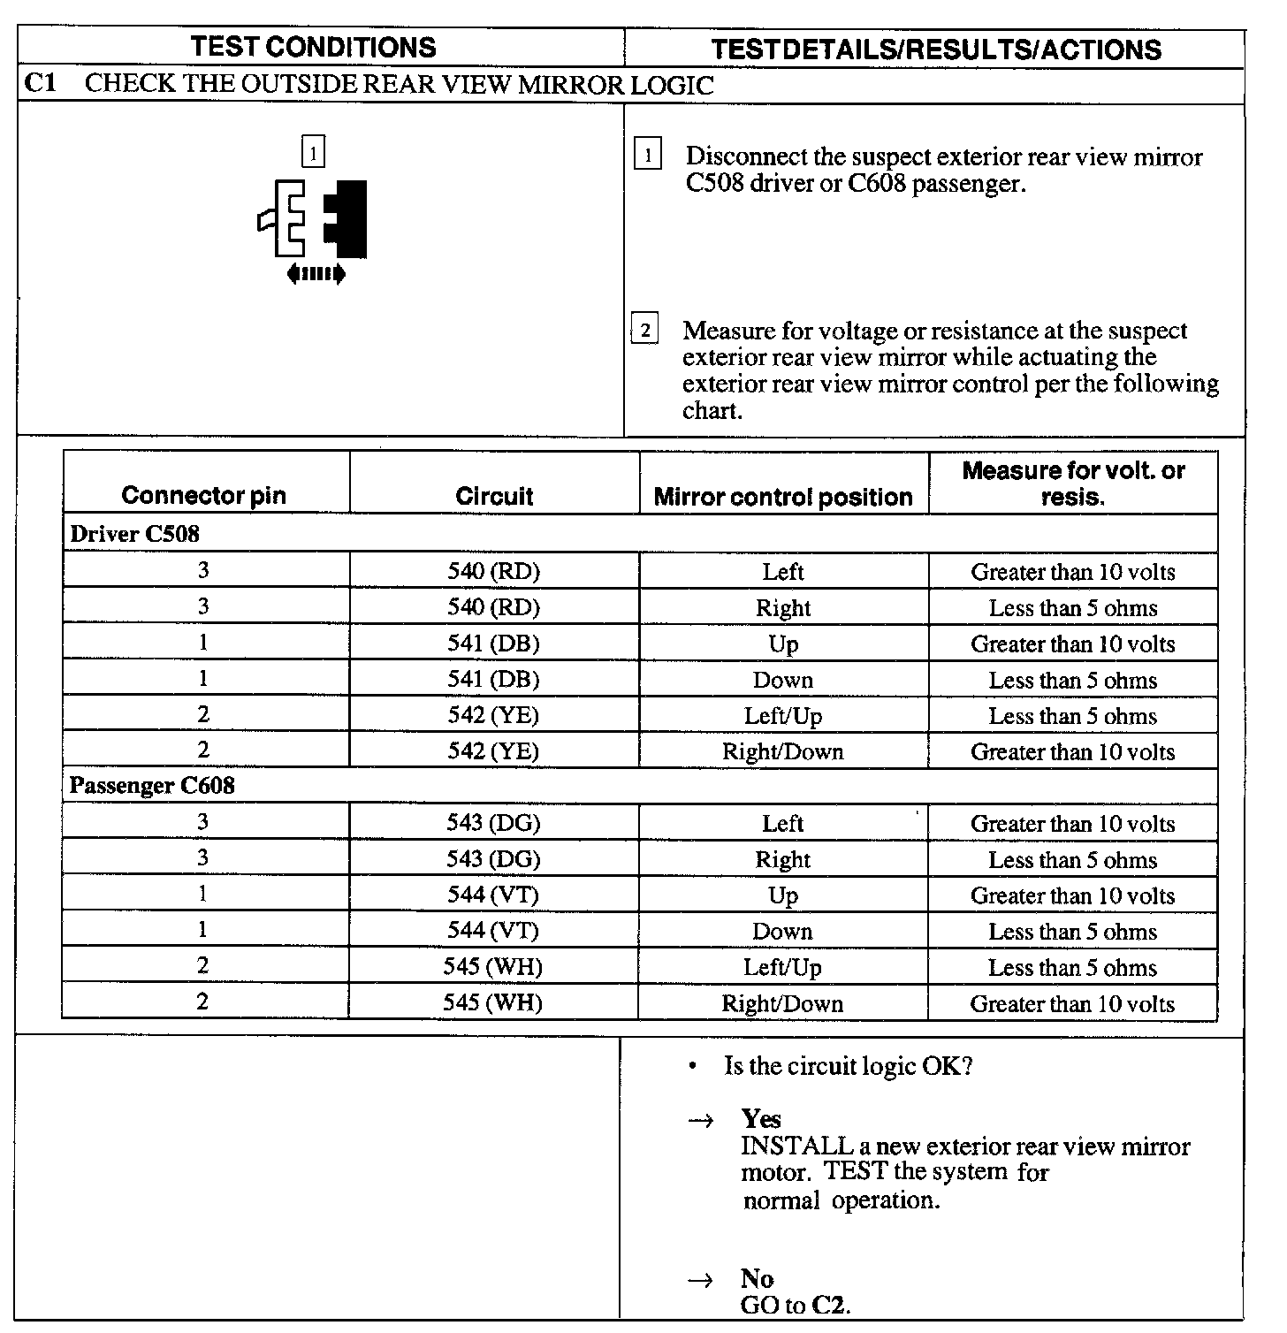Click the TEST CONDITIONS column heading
(313, 47)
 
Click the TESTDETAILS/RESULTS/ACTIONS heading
(935, 50)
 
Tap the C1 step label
(40, 85)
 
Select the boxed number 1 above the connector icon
(314, 152)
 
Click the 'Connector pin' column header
(204, 495)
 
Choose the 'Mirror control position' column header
(783, 497)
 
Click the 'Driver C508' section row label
(134, 534)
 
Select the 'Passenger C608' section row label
(152, 786)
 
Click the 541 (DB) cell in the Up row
(493, 644)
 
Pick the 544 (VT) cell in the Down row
(493, 931)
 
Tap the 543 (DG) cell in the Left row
(493, 824)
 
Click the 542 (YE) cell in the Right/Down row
(493, 751)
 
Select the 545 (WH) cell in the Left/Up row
(493, 967)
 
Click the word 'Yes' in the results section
(761, 1119)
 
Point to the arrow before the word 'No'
(700, 1279)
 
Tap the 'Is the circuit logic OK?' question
(848, 1066)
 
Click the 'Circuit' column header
(494, 496)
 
